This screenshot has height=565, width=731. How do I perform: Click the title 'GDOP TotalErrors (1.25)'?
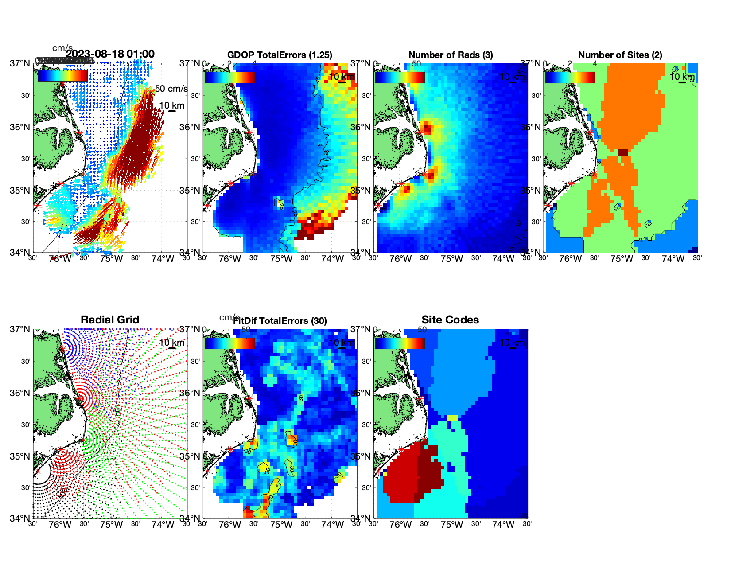pyautogui.click(x=280, y=55)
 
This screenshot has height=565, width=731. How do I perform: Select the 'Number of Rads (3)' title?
pyautogui.click(x=451, y=55)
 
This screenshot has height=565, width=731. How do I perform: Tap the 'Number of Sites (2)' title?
pyautogui.click(x=620, y=55)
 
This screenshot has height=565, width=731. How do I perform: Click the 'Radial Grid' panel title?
pyautogui.click(x=110, y=320)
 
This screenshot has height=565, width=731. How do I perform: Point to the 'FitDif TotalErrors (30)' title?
pyautogui.click(x=280, y=321)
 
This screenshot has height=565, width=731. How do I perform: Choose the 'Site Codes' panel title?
pyautogui.click(x=450, y=320)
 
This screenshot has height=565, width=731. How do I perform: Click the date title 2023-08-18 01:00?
pyautogui.click(x=110, y=54)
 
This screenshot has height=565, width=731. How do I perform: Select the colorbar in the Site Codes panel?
pyautogui.click(x=400, y=343)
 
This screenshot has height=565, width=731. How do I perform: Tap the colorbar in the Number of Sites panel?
pyautogui.click(x=570, y=78)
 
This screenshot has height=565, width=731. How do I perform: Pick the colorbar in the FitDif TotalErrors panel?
pyautogui.click(x=229, y=343)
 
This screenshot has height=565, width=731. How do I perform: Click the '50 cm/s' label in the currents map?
pyautogui.click(x=171, y=89)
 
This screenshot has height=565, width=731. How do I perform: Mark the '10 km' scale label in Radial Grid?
pyautogui.click(x=171, y=343)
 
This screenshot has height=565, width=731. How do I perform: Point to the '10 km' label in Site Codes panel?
pyautogui.click(x=512, y=343)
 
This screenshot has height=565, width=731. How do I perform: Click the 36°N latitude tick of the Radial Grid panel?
pyautogui.click(x=20, y=393)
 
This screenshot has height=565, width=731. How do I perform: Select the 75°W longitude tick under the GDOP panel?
pyautogui.click(x=281, y=259)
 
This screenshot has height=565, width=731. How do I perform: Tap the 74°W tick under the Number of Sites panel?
pyautogui.click(x=673, y=259)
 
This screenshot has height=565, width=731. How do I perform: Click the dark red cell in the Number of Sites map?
pyautogui.click(x=623, y=152)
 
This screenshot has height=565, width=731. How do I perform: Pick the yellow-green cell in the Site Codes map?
pyautogui.click(x=452, y=418)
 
